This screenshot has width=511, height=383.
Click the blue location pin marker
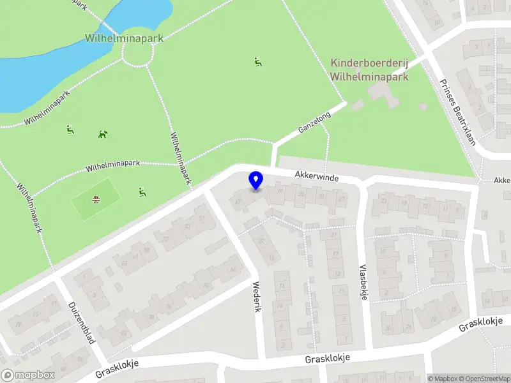(x=256, y=181)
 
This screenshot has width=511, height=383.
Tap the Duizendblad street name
(x=81, y=322)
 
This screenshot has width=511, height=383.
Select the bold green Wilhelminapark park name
(x=124, y=38)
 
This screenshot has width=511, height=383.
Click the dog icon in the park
(x=103, y=134)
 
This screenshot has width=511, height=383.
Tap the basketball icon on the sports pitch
(x=96, y=199)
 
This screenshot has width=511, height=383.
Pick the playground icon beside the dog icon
(x=70, y=130)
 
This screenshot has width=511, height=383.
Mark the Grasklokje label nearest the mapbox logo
(x=117, y=368)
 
